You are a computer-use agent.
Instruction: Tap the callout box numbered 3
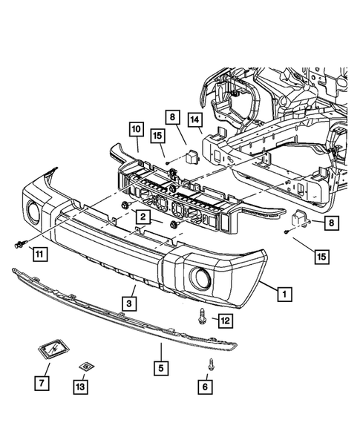(129, 303)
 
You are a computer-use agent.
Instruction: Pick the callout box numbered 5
(160, 366)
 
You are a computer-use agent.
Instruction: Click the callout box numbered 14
(196, 119)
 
